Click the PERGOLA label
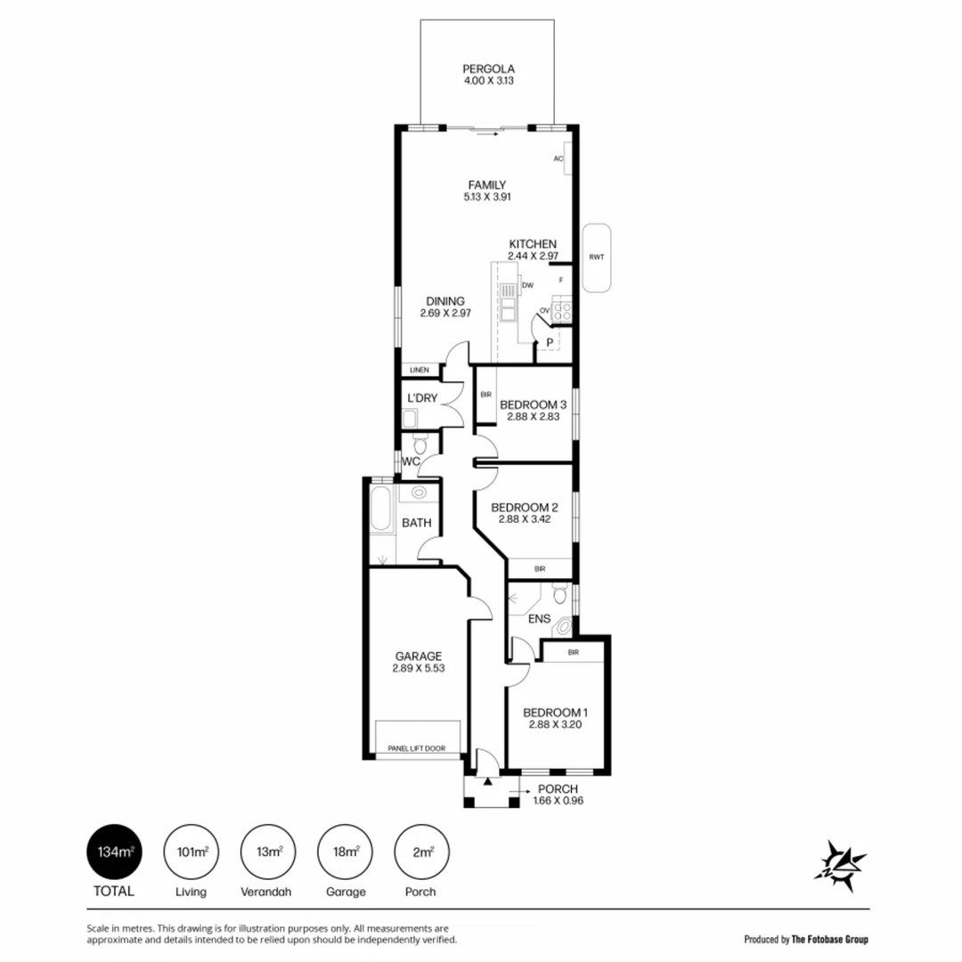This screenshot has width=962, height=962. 489,69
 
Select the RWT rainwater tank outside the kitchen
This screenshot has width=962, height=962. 596,257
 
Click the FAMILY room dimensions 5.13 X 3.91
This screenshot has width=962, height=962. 487,197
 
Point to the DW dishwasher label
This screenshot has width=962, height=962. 527,285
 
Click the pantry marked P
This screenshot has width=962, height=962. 550,343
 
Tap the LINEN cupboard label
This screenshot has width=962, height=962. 420,370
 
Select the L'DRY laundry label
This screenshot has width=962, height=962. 421,397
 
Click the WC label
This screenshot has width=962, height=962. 411,461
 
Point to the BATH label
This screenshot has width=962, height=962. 416,523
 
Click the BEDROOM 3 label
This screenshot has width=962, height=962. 532,404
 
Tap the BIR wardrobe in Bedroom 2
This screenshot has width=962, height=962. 540,568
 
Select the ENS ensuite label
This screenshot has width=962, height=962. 539,619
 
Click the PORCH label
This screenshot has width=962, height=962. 558,788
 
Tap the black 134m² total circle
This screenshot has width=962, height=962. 110,852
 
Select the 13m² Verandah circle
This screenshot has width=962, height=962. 269,852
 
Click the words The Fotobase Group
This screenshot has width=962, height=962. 830,939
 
